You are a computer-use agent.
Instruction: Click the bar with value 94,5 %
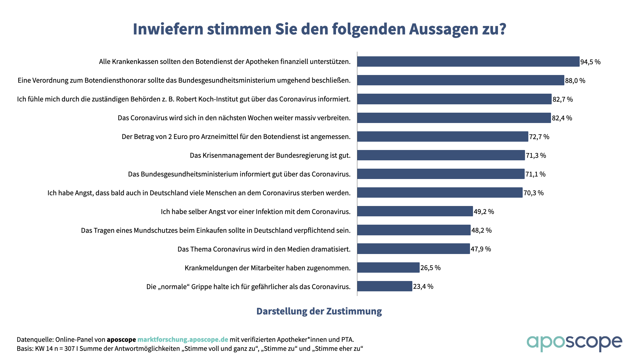468,62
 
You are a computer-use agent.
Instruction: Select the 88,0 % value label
575,81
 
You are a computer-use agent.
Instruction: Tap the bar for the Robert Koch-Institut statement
454,99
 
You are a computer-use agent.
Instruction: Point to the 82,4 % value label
562,118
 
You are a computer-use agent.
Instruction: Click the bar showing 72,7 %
442,137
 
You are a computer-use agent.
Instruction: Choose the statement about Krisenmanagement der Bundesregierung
270,155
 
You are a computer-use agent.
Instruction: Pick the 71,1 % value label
535,174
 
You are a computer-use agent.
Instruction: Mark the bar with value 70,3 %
440,193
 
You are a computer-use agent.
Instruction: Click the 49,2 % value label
484,212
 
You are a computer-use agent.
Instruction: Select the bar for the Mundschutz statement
414,230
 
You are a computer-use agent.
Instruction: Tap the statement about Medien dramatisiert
264,249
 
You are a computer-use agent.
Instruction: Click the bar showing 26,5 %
388,268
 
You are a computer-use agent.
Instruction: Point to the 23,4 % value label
423,287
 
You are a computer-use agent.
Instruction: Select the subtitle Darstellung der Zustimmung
319,311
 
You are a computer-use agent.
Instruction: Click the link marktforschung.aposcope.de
183,340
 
